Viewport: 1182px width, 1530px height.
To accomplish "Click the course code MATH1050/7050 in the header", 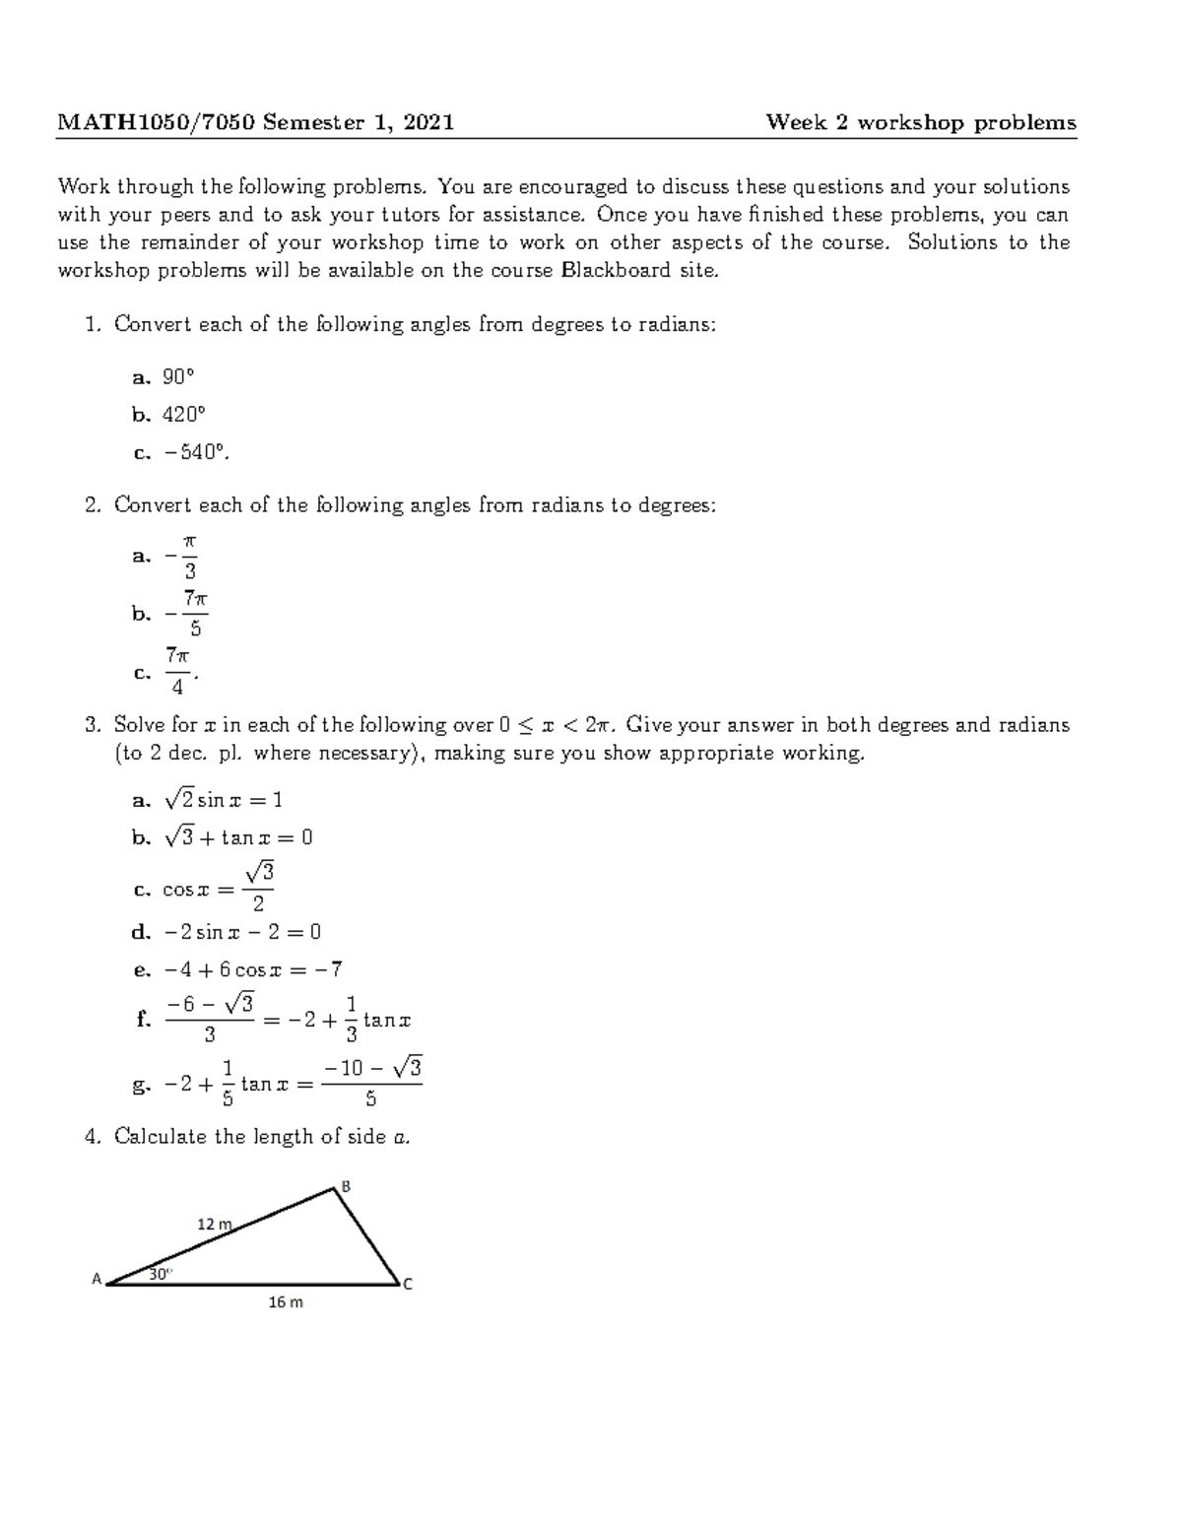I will click(157, 122).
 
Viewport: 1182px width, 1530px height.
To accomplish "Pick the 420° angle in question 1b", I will click(184, 415).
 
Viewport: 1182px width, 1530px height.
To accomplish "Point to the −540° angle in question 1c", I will click(194, 453).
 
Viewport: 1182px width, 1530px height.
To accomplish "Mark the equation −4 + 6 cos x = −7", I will click(253, 969).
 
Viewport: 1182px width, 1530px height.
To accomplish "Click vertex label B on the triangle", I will click(346, 1185).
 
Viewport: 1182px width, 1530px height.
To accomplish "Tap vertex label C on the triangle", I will click(407, 1284).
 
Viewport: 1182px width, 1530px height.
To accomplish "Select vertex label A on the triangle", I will click(97, 1279).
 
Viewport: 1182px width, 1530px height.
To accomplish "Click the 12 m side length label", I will click(214, 1225).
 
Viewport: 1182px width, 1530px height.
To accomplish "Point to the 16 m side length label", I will click(286, 1302).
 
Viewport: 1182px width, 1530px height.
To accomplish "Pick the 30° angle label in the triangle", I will click(160, 1273).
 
